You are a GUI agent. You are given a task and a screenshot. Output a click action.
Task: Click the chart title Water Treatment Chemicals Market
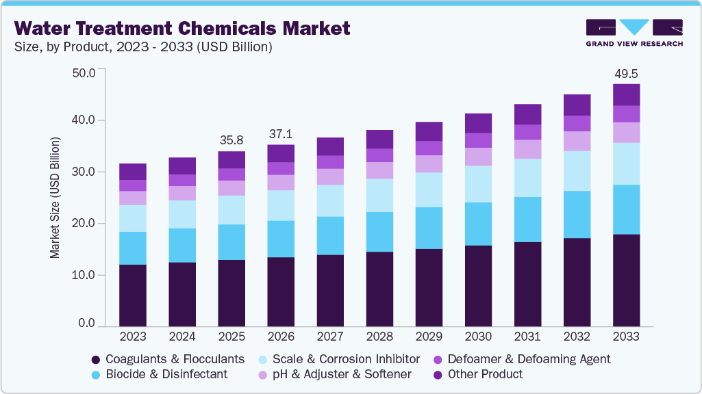tap(182, 28)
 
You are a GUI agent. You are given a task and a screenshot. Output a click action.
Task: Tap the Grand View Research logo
tap(634, 32)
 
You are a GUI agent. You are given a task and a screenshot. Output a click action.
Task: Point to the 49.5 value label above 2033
tap(626, 73)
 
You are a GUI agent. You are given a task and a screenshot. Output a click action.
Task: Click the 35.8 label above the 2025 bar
tap(231, 140)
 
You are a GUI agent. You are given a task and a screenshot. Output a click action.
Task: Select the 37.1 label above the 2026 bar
tap(281, 133)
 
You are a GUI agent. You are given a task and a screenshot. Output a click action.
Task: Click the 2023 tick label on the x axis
tap(132, 337)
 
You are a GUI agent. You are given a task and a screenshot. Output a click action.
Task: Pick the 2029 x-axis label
tap(429, 337)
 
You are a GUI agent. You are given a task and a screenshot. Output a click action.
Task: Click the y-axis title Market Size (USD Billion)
tap(54, 198)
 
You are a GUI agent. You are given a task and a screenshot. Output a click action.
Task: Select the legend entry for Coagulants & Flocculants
tap(168, 359)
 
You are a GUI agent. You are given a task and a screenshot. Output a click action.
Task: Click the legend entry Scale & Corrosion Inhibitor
tap(338, 359)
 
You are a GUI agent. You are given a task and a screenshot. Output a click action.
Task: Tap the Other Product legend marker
tap(438, 374)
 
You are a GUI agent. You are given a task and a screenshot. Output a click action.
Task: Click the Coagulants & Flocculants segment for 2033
tap(626, 280)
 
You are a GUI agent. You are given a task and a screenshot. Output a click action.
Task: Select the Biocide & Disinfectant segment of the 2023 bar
tap(132, 248)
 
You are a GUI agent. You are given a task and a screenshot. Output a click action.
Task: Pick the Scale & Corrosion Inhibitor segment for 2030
tap(478, 184)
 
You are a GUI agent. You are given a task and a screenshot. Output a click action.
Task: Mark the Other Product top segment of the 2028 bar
tap(379, 139)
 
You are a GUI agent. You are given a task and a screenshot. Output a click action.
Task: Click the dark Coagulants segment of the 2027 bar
tap(330, 290)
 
